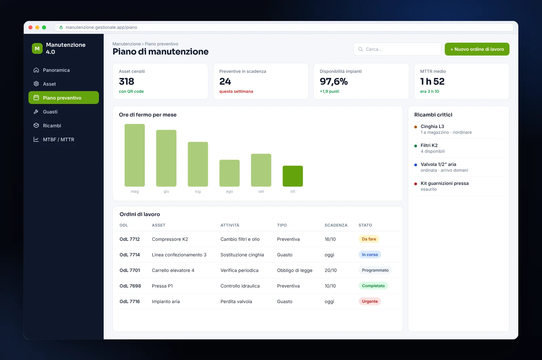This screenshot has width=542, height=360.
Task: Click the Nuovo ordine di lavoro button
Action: click(477, 49)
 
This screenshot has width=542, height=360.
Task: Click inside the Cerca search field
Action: click(397, 49)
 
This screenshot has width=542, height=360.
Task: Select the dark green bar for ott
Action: click(293, 176)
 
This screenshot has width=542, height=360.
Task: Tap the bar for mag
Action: click(134, 155)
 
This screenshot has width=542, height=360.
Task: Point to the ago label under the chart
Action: click(229, 191)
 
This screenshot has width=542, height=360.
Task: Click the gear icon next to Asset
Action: click(36, 84)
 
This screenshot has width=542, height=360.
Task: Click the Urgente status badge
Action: click(370, 301)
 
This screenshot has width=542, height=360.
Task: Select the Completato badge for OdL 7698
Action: click(373, 286)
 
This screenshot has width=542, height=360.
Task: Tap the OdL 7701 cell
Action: click(130, 270)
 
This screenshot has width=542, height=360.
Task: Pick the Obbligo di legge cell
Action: click(294, 270)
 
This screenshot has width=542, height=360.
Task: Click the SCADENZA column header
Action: click(336, 225)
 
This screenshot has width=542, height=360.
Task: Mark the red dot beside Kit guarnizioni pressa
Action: click(415, 184)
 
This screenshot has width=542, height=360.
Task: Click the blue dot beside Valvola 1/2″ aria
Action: click(415, 165)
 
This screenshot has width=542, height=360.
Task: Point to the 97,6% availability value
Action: click(333, 82)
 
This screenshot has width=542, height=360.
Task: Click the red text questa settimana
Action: click(236, 91)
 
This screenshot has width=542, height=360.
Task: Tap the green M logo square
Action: click(37, 48)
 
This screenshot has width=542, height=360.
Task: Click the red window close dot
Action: click(30, 27)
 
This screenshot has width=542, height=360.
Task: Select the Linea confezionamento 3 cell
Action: click(179, 255)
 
